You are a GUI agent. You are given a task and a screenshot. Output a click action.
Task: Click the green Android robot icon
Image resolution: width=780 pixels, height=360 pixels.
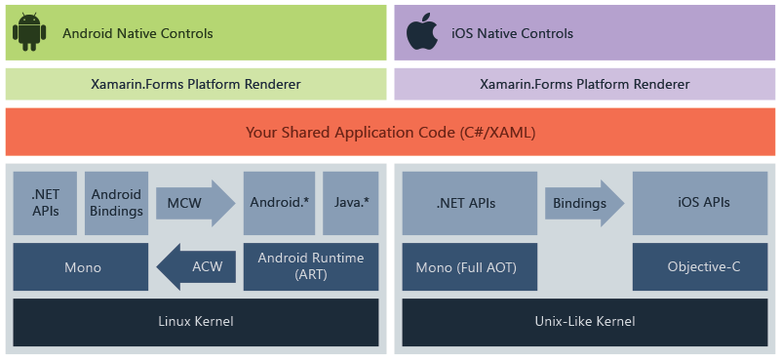[29, 32]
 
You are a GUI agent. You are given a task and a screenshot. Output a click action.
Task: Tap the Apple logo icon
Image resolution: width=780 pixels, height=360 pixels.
[422, 32]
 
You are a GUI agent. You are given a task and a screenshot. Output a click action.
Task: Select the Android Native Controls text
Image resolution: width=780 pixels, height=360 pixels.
[137, 33]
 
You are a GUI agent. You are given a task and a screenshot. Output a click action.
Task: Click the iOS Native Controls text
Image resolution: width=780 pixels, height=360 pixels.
[512, 33]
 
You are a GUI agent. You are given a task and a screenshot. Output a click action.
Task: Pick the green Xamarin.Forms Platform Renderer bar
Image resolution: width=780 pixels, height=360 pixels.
[196, 84]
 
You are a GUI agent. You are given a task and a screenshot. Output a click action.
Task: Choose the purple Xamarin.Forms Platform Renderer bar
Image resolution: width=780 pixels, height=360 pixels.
[584, 84]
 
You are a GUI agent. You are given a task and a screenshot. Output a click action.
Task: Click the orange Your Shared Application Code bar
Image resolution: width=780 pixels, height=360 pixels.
[390, 132]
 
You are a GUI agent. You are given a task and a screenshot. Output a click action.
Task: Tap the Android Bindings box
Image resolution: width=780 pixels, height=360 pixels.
[117, 203]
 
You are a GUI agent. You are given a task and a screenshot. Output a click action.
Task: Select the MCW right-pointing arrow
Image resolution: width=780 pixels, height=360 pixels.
[194, 203]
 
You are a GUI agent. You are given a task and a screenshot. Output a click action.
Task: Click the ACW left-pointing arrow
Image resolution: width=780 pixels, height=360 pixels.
[195, 266]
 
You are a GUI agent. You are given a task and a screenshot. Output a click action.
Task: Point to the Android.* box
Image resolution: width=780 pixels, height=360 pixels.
[279, 203]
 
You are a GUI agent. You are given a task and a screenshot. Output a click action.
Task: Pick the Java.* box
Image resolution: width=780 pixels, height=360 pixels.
[350, 203]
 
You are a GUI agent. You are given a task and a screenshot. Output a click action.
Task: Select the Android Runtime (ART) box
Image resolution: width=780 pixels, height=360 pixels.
[310, 266]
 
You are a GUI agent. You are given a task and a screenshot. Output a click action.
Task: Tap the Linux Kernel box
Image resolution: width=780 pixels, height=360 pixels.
[196, 321]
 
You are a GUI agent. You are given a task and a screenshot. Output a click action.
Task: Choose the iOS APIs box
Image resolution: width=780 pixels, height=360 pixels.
[703, 203]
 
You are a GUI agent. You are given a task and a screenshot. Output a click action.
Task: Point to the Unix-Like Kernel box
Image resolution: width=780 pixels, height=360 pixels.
[585, 321]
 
